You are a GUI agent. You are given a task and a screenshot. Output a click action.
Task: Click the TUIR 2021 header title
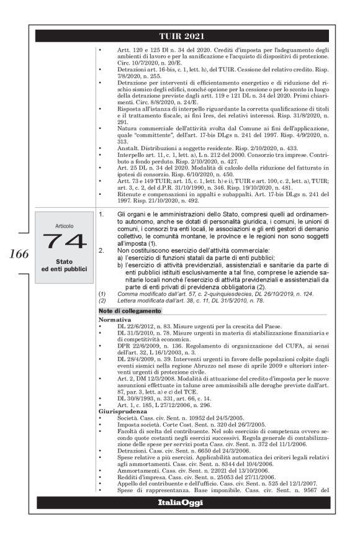pyautogui.click(x=180, y=36)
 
